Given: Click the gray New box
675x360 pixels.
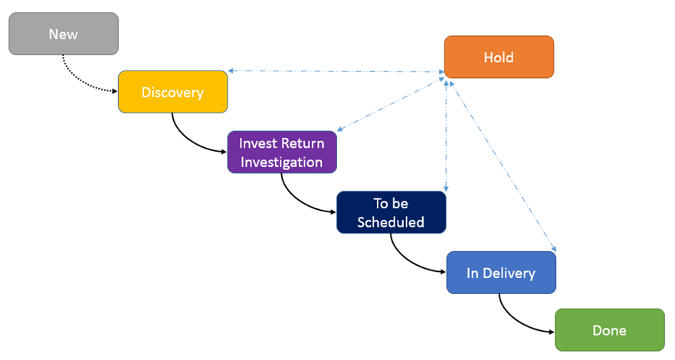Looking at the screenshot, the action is click(64, 34).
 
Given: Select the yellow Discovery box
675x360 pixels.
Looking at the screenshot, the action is click(173, 92).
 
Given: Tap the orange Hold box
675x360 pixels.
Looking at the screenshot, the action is click(499, 57).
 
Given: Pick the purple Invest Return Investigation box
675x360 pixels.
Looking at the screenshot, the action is click(282, 152).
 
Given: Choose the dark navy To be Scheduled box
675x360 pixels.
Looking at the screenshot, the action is click(392, 212).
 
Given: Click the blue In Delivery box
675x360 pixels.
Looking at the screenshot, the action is click(501, 273).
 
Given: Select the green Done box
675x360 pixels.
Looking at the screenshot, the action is click(610, 330).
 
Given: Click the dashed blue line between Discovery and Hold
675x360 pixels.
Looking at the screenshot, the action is click(336, 71).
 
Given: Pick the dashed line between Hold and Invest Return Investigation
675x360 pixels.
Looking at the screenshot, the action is click(391, 103).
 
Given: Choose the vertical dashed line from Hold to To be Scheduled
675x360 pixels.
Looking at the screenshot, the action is click(446, 136).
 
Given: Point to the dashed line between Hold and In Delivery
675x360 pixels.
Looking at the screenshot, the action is click(503, 166).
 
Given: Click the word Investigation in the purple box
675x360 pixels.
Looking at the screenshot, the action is click(281, 162).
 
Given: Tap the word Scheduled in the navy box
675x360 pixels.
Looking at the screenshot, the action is click(391, 222).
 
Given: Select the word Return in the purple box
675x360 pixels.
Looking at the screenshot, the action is click(303, 143).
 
